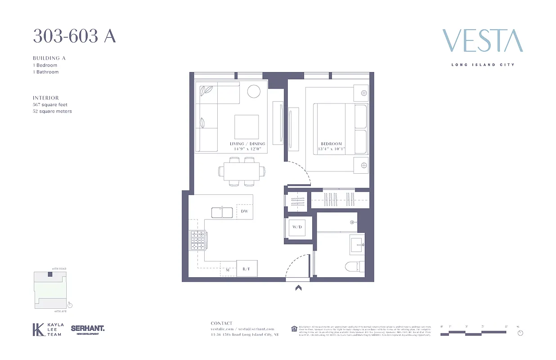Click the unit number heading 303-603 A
74,36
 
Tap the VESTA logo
482,41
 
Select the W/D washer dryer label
297,227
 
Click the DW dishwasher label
244,211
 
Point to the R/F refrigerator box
247,269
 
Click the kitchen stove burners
198,240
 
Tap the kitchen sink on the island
222,212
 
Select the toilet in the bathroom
354,267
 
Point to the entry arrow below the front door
298,288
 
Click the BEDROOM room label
328,144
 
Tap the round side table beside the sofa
254,91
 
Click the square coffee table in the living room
247,127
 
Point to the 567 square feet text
50,104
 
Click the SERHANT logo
88,329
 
